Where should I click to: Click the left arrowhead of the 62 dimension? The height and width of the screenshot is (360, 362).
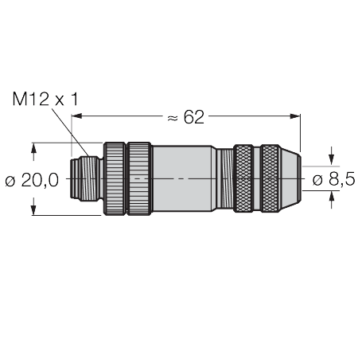tap(76, 118)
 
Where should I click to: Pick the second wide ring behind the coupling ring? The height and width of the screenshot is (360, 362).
tap(139, 179)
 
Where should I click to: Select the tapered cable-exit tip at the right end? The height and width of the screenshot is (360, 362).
tap(291, 179)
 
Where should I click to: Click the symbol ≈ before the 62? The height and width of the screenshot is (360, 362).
tap(170, 118)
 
